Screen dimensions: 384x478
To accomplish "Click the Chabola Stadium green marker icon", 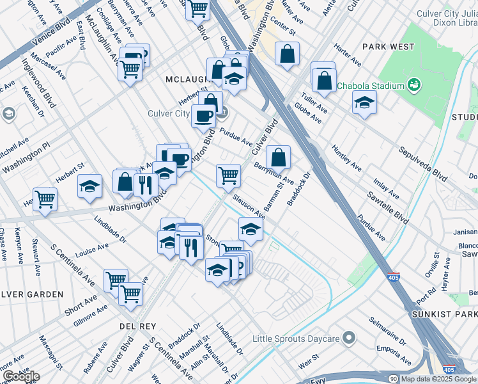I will pos(413,84).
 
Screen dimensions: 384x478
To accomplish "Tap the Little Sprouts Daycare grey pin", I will pos(348,337).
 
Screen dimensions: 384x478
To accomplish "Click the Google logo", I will pos(20,376).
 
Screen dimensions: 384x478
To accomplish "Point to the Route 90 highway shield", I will pos(393,379).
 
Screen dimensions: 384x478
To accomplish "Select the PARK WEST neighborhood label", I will pos(388,47).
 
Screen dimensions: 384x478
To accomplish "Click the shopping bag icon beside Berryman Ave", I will pos(278,157).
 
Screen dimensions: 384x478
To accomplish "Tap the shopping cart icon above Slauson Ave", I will pos(228,175).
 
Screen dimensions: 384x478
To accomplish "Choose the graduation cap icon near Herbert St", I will pos(89,186).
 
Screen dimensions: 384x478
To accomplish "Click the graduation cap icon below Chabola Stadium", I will pos(364,102).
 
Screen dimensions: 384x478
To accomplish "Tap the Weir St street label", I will pos(308,356).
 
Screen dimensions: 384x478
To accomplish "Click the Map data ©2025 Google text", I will pos(438,379).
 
